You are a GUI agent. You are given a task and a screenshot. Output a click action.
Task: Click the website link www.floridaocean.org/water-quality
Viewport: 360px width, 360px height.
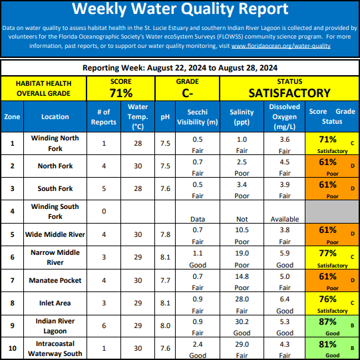coord(281,46)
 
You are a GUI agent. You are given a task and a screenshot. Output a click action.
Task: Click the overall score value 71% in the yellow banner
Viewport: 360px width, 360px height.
coord(121,93)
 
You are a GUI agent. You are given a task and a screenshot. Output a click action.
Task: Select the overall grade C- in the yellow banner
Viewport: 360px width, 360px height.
coord(188,93)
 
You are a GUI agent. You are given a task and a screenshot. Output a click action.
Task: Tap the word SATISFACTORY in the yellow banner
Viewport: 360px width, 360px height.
coord(289,93)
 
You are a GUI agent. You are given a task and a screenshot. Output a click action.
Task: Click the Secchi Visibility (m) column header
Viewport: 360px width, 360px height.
coord(198,117)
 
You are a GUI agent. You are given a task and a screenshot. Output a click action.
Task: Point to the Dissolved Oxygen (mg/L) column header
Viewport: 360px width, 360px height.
coord(284,116)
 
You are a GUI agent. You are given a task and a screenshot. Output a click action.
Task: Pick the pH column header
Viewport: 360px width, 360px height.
coord(165,117)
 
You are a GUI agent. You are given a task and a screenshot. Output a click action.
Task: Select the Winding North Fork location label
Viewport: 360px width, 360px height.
coord(55,143)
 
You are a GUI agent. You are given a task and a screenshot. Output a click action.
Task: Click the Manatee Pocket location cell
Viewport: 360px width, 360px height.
coord(55,280)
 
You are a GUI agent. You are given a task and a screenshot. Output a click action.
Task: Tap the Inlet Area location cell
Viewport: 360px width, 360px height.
coord(55,303)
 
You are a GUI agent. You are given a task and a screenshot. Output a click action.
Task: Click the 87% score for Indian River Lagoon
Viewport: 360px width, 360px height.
coord(327,321)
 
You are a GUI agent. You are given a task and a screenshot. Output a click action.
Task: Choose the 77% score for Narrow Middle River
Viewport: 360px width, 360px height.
coord(327,254)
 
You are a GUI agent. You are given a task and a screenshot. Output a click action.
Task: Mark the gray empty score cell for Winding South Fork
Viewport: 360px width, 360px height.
coord(332,211)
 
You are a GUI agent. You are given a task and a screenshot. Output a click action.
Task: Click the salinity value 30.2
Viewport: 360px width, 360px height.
coord(242,321)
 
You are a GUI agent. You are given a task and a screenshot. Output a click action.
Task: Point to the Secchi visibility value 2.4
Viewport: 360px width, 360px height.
coord(198,344)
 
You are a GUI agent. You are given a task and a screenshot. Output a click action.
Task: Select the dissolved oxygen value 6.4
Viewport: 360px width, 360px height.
coord(285,299)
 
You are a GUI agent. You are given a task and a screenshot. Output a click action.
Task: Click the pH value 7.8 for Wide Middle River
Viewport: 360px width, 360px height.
coord(165,234)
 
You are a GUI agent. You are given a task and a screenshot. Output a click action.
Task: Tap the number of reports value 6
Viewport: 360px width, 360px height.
coord(104,325)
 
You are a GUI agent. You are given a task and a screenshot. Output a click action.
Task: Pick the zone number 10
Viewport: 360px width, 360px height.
coord(13,348)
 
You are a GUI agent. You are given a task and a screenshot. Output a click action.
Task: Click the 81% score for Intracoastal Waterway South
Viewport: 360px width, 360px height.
coord(327,345)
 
